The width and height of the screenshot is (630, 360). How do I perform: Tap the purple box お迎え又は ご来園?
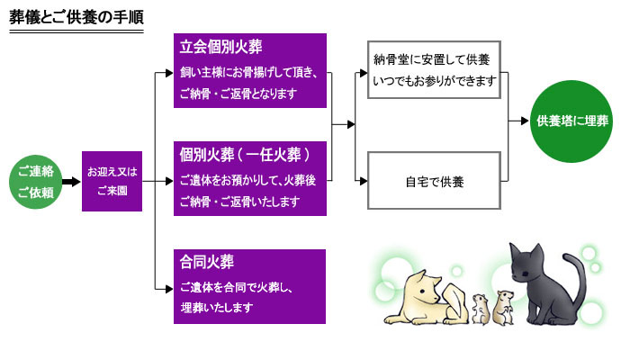click(x=112, y=181)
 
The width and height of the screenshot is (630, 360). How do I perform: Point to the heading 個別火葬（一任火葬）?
click(x=246, y=154)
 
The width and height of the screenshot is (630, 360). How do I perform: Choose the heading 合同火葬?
click(x=207, y=263)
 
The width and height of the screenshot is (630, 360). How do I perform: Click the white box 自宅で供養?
click(x=434, y=181)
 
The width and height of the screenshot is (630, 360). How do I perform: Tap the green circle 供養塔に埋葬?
click(x=572, y=120)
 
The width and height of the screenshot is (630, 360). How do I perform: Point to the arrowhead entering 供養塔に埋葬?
click(x=525, y=120)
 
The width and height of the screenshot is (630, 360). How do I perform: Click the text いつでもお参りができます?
click(x=433, y=81)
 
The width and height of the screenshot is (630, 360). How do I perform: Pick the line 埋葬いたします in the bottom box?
click(x=216, y=307)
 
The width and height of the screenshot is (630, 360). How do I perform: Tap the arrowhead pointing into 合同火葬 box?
click(x=168, y=288)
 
